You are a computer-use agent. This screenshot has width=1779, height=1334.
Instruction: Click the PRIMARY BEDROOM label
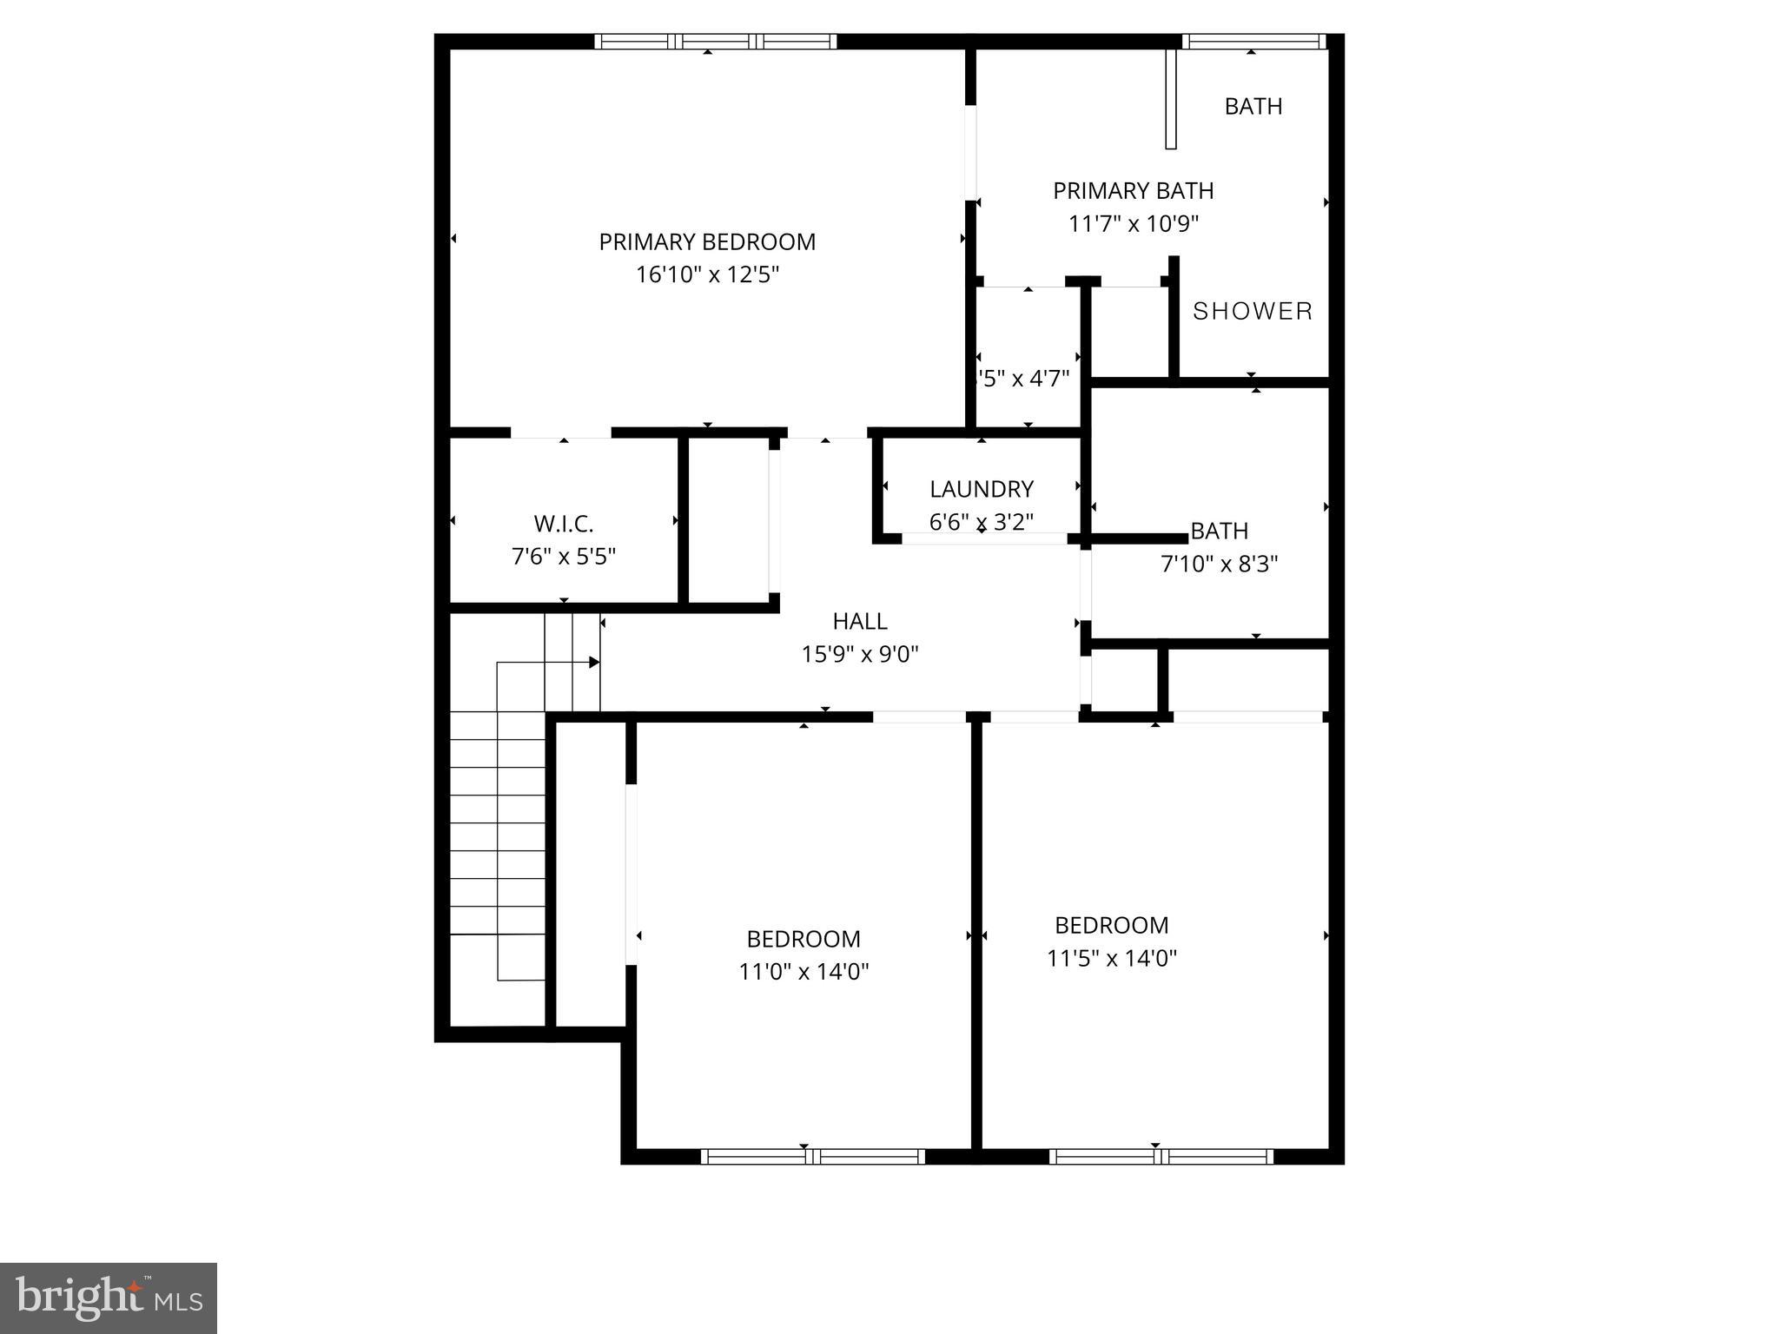pyautogui.click(x=707, y=241)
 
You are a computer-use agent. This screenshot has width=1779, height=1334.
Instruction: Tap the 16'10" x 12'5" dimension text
pyautogui.click(x=707, y=274)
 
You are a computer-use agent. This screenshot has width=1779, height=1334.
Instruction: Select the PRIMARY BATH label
pyautogui.click(x=1133, y=190)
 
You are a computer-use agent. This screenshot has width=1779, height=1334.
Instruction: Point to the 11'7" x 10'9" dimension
pyautogui.click(x=1133, y=223)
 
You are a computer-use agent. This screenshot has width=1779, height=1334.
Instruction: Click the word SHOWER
pyautogui.click(x=1252, y=311)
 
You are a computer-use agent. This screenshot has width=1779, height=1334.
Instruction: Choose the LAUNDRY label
pyautogui.click(x=982, y=489)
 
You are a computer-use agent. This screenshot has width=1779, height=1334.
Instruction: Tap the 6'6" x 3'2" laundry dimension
pyautogui.click(x=982, y=522)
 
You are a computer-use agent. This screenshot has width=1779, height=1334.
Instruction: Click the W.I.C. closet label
pyautogui.click(x=563, y=524)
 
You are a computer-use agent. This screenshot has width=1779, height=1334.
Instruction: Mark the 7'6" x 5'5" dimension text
pyautogui.click(x=563, y=556)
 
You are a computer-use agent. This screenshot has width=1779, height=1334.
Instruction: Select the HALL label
pyautogui.click(x=860, y=621)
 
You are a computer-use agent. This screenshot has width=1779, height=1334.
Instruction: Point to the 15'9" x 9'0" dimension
pyautogui.click(x=860, y=654)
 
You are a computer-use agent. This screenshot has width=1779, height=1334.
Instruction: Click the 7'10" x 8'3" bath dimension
pyautogui.click(x=1219, y=564)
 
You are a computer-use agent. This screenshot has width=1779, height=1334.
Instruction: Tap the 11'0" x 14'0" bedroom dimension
pyautogui.click(x=804, y=971)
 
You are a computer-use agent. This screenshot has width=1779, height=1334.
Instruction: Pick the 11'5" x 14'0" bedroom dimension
pyautogui.click(x=1112, y=958)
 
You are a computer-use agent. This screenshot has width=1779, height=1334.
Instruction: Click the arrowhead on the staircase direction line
pyautogui.click(x=594, y=663)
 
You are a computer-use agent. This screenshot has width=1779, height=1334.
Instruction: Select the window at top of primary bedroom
pyautogui.click(x=716, y=41)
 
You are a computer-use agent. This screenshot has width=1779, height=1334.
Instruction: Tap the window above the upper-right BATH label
pyautogui.click(x=1253, y=41)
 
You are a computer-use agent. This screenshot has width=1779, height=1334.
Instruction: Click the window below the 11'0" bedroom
pyautogui.click(x=812, y=1156)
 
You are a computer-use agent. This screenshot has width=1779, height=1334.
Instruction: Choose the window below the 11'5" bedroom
pyautogui.click(x=1161, y=1156)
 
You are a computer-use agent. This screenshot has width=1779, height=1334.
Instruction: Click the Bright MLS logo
pyautogui.click(x=109, y=1298)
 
